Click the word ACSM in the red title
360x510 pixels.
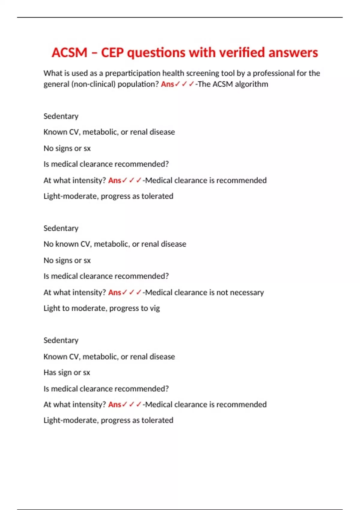69,53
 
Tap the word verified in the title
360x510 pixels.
242,53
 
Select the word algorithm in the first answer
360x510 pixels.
251,84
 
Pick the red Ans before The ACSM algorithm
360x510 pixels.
167,84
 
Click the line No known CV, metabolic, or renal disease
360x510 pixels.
115,244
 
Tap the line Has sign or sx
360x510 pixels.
67,373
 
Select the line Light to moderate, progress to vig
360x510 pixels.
101,308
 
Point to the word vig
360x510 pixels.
155,309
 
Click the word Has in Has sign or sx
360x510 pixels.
49,373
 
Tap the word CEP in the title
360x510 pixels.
112,53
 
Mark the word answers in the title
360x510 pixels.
293,53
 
